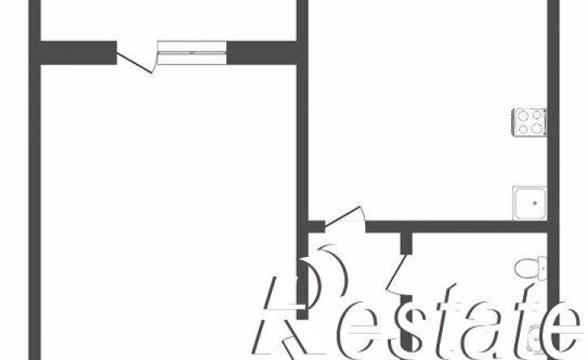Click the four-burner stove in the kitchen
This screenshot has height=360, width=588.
[x=530, y=122]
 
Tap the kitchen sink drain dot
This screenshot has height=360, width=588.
[x=534, y=204]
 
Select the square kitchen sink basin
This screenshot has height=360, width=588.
[x=530, y=204]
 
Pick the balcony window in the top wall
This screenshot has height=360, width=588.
[x=191, y=53]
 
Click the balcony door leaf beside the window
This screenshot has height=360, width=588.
[x=135, y=63]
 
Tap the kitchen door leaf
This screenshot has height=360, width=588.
[x=343, y=216]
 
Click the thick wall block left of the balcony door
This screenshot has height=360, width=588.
[x=78, y=53]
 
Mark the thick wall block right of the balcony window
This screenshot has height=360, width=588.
[x=262, y=53]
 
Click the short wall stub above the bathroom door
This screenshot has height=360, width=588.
[x=406, y=243]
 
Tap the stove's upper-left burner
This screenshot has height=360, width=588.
[x=522, y=115]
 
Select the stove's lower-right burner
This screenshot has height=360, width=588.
[x=537, y=128]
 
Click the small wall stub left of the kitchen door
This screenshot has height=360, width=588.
[x=316, y=226]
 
